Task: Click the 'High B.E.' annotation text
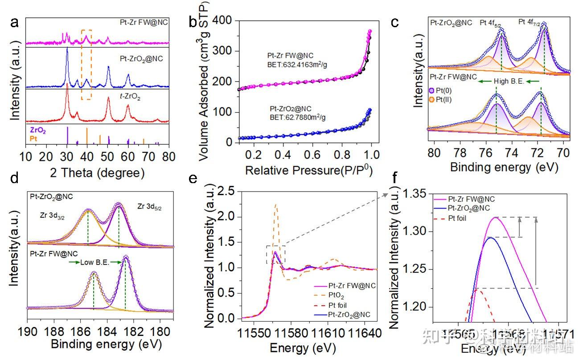point(505,81)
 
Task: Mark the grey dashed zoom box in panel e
point(275,254)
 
